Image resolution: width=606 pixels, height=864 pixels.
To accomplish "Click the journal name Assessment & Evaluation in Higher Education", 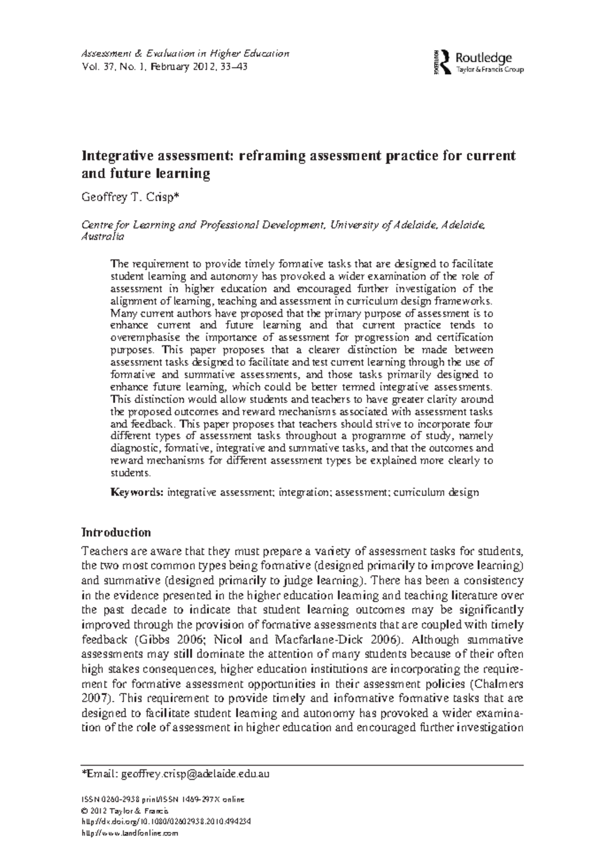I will point(185,54).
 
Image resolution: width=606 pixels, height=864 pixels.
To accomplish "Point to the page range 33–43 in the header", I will point(233,67).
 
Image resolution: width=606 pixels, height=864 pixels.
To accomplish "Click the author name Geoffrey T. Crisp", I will point(130,197).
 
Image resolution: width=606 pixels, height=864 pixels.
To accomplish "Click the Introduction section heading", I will point(116,533).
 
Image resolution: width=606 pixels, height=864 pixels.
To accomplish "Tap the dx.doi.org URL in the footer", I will point(166,822).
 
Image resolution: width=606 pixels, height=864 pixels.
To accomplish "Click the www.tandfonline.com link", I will point(130,833).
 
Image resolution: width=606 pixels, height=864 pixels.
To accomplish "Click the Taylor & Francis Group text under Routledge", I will point(489,70).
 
